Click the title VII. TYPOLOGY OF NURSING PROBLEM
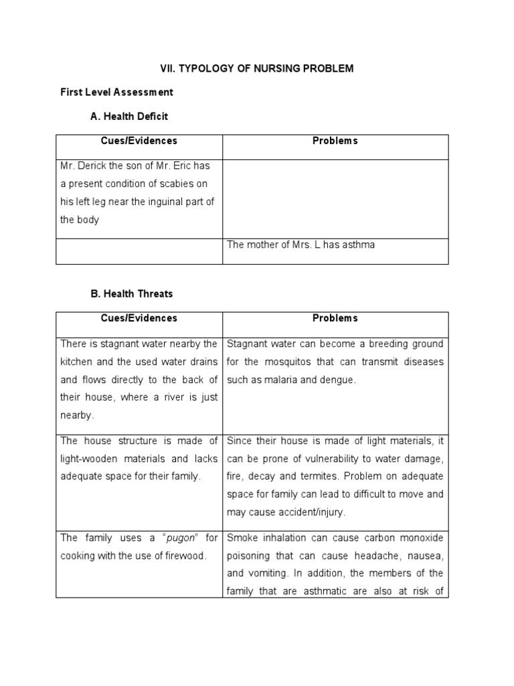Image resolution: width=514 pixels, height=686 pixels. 256,69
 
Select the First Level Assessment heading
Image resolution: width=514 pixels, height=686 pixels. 116,92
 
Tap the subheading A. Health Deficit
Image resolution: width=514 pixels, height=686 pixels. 128,116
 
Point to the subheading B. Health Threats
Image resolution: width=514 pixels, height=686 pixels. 131,293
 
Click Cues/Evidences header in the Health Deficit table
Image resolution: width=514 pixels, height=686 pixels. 139,141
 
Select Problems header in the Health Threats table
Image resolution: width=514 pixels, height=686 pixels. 335,318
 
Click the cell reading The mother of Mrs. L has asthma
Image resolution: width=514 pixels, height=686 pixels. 301,245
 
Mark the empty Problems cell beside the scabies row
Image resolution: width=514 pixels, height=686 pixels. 335,198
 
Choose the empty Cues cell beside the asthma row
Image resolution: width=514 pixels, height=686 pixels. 139,251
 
